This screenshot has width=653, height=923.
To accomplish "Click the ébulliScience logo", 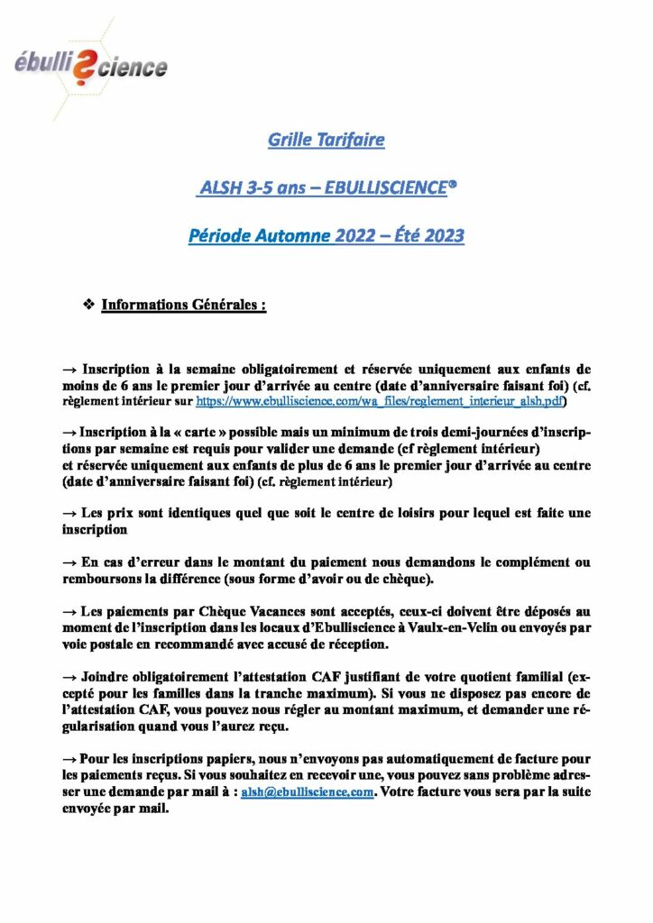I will click(x=90, y=66).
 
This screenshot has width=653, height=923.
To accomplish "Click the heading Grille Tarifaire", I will click(x=326, y=140).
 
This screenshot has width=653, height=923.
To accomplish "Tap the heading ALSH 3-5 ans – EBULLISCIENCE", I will click(x=326, y=188).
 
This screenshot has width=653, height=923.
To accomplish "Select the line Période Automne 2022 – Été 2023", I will click(x=326, y=237).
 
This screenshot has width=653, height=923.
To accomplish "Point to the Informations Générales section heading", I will click(x=183, y=305).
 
